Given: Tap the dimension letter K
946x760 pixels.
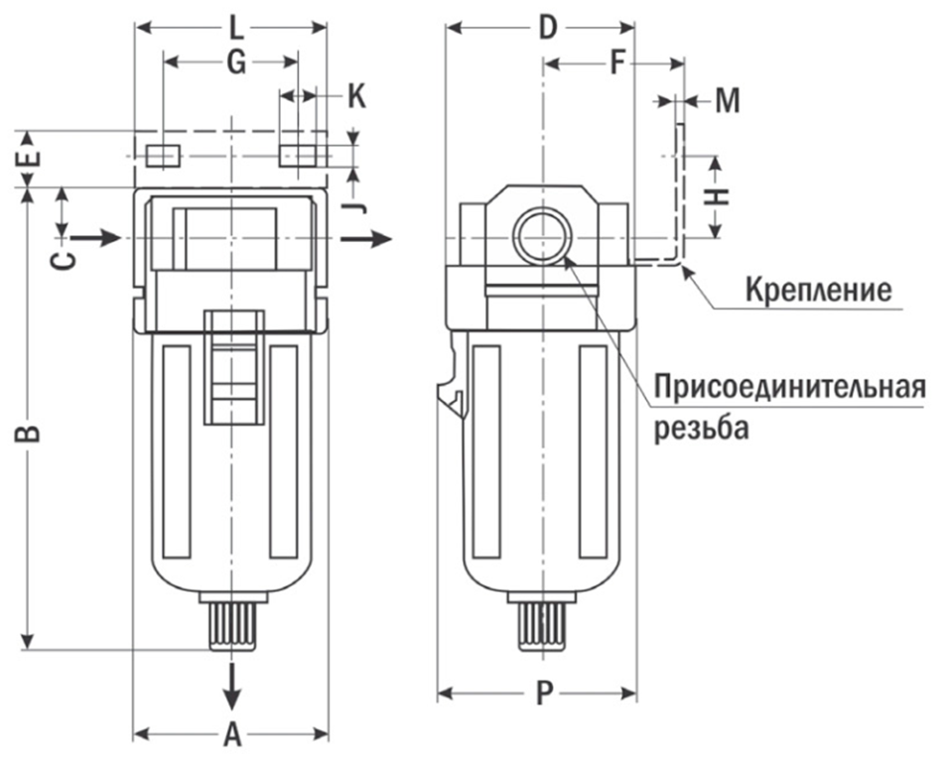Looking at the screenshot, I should point(355,96).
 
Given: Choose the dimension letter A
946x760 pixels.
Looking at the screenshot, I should point(232,735).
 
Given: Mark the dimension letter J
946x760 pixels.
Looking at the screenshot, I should point(358,205).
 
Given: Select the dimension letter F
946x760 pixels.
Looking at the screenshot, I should point(617,64).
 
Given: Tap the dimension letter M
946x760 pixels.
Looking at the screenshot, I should point(728,100).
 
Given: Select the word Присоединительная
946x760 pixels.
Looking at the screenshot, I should point(790,386).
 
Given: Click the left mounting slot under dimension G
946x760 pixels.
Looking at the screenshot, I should point(162,156).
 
